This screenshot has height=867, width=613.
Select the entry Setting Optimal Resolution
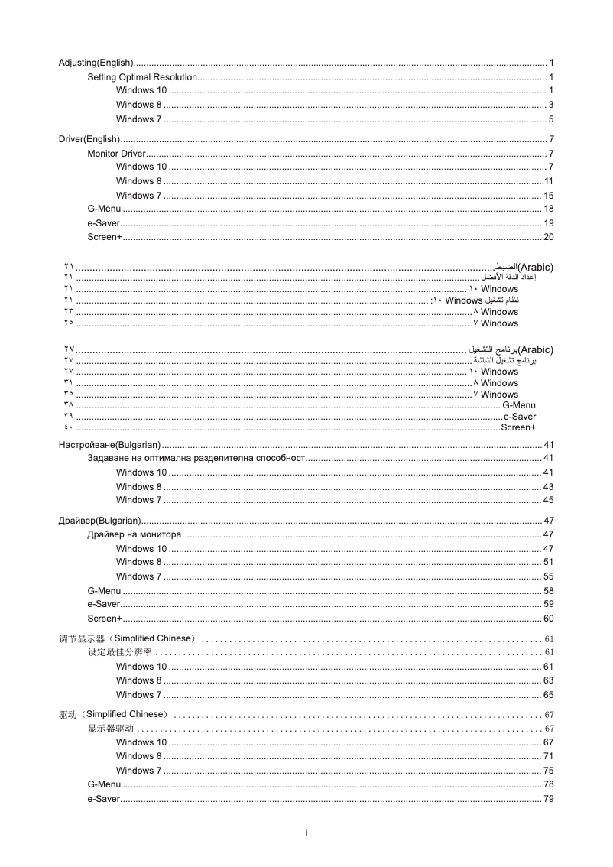(142, 77)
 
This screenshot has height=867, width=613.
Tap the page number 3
(550, 105)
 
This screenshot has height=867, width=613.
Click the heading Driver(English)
(89, 139)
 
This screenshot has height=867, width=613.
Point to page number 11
(548, 181)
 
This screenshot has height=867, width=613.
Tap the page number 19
(548, 223)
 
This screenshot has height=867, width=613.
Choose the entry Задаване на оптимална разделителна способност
(196, 458)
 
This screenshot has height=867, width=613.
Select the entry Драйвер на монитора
(135, 534)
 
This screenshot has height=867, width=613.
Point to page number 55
(548, 576)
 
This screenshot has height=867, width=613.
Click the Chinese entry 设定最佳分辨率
(120, 652)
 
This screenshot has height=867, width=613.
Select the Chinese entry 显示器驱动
(111, 728)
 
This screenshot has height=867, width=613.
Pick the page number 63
(548, 680)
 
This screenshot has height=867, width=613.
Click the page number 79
(548, 799)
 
